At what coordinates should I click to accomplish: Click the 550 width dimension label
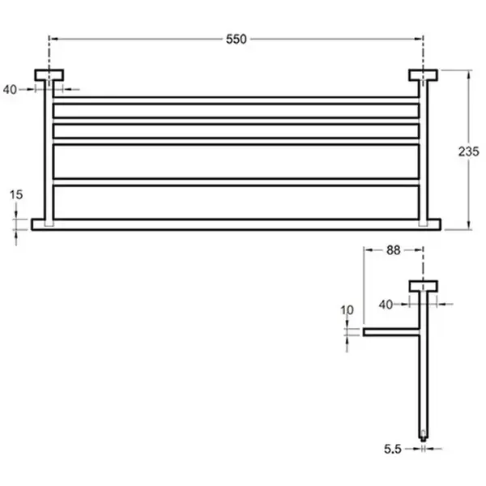coord(237,40)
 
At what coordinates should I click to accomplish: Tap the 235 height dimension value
coord(469,151)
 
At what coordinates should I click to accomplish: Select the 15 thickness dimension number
coord(16,194)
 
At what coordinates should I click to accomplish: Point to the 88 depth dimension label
coord(394,250)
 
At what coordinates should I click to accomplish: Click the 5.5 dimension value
coord(393,449)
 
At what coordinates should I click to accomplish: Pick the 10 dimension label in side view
coord(347,310)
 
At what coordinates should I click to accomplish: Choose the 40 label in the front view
coord(10,90)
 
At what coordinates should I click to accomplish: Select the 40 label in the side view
coord(386,305)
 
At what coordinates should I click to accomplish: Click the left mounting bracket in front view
coord(49,75)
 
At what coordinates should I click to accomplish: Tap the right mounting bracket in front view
coord(423,75)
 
